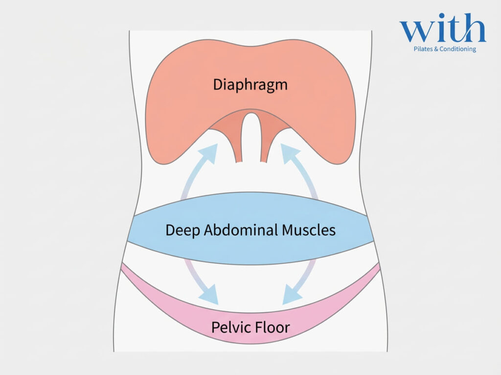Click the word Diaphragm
250,84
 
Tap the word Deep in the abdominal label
181,230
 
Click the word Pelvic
230,327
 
